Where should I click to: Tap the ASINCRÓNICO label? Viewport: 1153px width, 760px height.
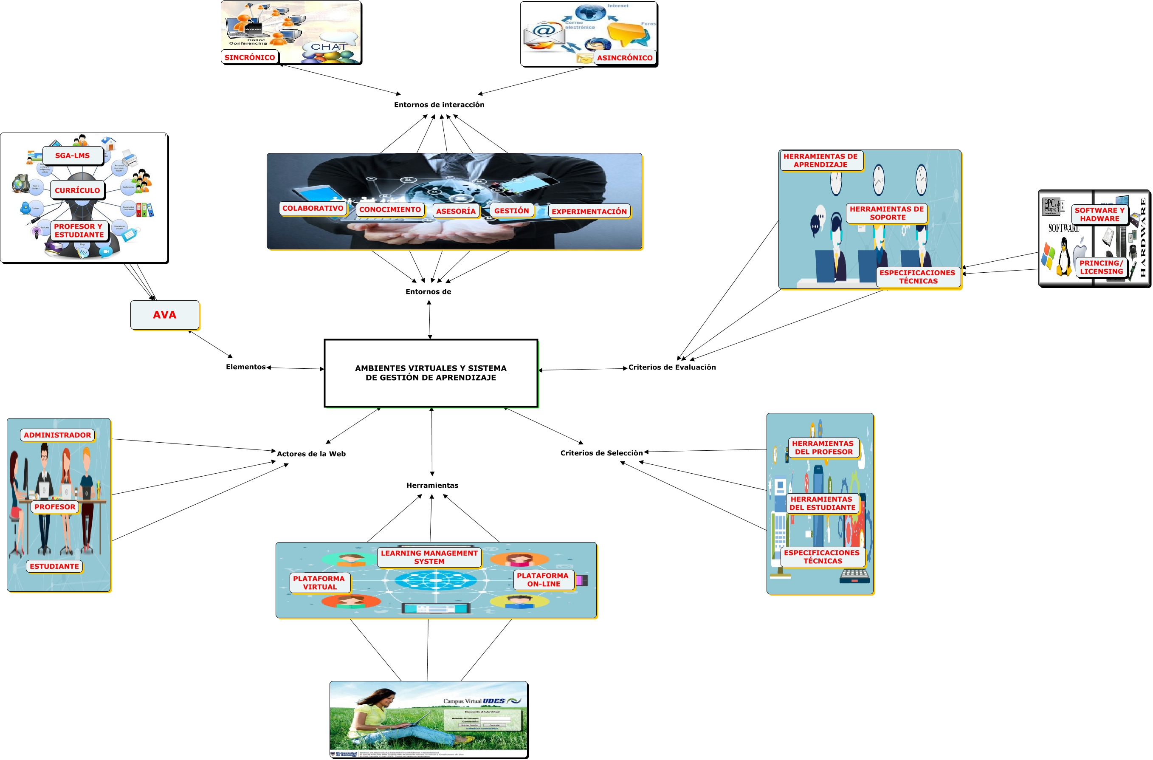(624, 58)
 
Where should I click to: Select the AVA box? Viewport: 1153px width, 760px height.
(165, 315)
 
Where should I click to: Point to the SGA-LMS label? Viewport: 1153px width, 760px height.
(73, 155)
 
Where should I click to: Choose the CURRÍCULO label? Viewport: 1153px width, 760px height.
(78, 190)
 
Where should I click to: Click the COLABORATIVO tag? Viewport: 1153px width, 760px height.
(313, 209)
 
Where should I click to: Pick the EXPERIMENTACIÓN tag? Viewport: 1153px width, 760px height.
(589, 212)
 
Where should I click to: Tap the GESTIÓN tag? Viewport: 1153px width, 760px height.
(512, 211)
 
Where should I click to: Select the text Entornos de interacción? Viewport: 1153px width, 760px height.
(439, 105)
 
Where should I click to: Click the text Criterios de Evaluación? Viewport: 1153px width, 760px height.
(672, 367)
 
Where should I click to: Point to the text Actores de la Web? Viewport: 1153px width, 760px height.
(311, 454)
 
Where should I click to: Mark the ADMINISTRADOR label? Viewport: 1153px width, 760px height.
(57, 435)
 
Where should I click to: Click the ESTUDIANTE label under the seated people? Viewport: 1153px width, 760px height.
(54, 566)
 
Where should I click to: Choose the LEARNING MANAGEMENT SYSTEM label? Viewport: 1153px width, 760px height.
(429, 557)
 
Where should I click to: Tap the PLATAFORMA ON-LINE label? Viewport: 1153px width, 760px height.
(543, 580)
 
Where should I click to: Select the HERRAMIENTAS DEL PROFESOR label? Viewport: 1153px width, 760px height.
(823, 448)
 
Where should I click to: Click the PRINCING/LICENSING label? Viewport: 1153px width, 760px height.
(1101, 267)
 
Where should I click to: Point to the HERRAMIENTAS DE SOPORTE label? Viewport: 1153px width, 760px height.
(887, 213)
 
